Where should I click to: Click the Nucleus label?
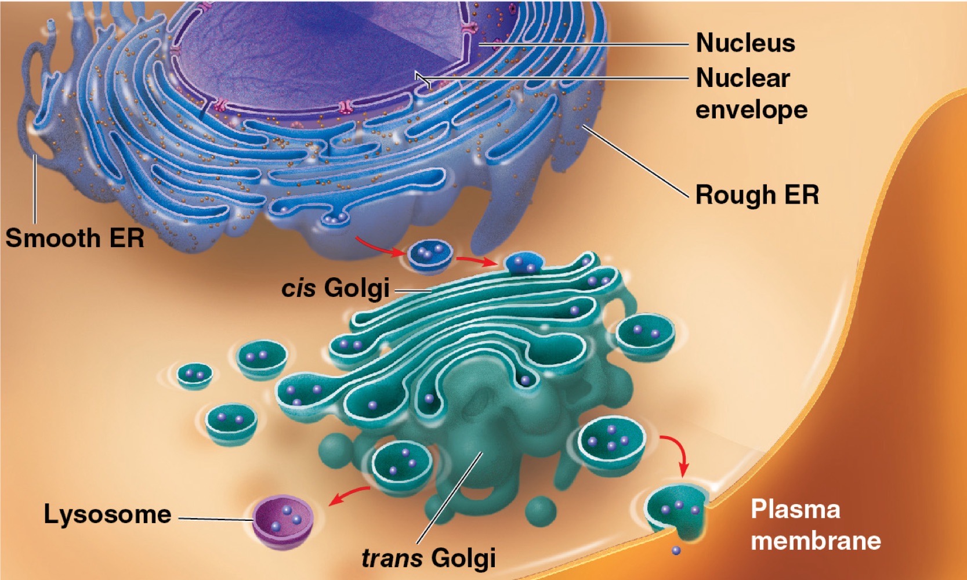click(745, 43)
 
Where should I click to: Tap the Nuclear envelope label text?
click(752, 93)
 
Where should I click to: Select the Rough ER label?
click(757, 195)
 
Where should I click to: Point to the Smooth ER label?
click(75, 238)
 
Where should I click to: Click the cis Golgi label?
click(335, 288)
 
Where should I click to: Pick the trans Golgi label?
click(428, 558)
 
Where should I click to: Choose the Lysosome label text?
click(107, 514)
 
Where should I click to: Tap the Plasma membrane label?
click(816, 524)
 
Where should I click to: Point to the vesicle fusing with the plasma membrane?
click(676, 512)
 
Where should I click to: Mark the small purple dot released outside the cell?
click(676, 550)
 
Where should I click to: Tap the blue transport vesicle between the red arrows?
click(430, 256)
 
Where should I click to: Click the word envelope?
click(752, 110)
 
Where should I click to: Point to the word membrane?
click(816, 541)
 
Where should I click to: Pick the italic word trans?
click(392, 558)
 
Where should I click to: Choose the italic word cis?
click(299, 288)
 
